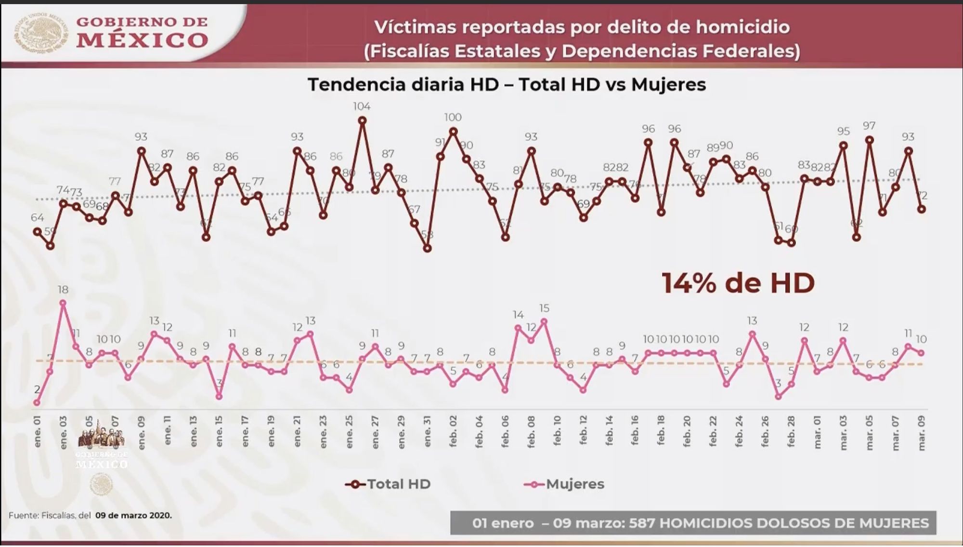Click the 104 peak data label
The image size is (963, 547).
click(362, 106)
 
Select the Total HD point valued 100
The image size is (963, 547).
click(453, 131)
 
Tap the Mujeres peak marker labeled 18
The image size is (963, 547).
click(63, 303)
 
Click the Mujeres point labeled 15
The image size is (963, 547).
click(544, 321)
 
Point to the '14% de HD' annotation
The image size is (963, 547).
click(738, 283)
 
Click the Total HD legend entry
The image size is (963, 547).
click(388, 484)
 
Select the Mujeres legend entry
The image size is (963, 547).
click(564, 484)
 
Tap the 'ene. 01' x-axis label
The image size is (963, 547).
click(38, 432)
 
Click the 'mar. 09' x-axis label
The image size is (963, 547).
click(922, 433)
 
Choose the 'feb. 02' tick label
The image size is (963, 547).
click(453, 432)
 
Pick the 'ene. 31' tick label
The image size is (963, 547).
click(427, 432)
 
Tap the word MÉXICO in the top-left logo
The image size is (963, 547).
click(142, 40)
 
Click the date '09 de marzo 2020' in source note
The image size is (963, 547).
click(133, 515)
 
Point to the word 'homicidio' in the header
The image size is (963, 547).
click(742, 27)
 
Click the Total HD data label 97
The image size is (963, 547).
click(869, 126)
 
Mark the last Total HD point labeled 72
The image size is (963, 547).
click(922, 209)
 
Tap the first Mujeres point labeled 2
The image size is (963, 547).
click(37, 403)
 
